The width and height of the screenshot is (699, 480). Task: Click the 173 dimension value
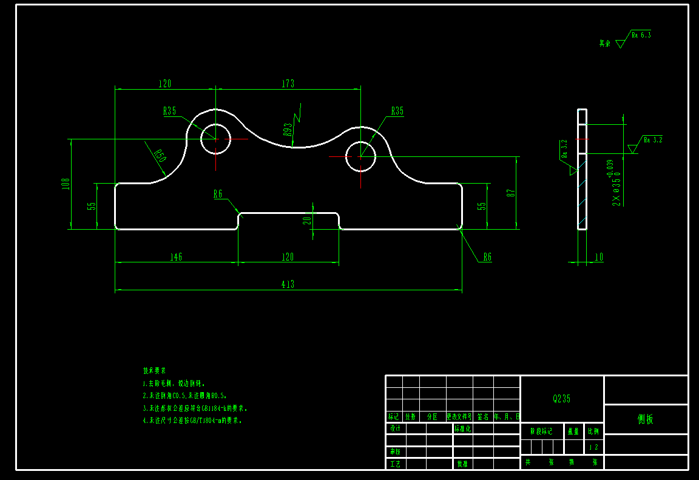(288, 84)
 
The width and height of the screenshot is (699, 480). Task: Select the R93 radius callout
(288, 128)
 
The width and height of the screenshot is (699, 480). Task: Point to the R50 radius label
(159, 155)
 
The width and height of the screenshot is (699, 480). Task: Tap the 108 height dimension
(66, 184)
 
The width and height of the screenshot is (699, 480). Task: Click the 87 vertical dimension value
(512, 193)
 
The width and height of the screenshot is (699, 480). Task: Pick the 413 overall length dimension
(288, 284)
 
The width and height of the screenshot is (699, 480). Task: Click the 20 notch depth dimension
(307, 220)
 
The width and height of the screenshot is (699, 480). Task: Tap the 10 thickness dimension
(599, 257)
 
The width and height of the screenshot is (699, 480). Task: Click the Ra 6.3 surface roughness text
(641, 35)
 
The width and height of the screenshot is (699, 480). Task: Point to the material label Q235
(561, 399)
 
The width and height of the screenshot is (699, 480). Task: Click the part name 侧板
(646, 419)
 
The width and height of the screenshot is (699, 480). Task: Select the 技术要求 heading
(154, 370)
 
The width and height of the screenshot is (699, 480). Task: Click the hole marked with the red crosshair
(360, 156)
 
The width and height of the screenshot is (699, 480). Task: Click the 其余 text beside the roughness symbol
(604, 44)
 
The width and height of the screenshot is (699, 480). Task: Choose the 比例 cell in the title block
(593, 432)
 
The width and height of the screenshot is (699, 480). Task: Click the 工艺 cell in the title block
(395, 464)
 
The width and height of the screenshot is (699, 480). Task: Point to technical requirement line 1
(175, 384)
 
